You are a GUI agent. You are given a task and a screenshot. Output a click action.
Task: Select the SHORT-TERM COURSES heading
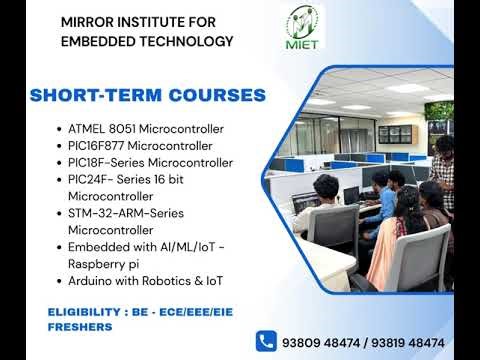(147, 96)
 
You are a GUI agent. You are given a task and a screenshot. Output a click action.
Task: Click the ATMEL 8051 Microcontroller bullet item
(145, 129)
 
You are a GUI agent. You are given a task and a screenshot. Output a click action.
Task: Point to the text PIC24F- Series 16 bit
(128, 178)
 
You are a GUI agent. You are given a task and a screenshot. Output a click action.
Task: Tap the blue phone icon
(266, 340)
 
